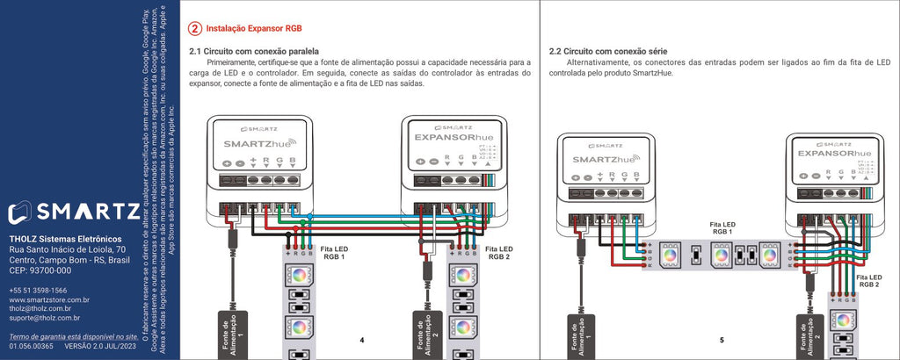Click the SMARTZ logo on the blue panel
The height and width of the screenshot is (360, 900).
pyautogui.click(x=73, y=212)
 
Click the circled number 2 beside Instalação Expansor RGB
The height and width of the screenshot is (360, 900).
pyautogui.click(x=195, y=29)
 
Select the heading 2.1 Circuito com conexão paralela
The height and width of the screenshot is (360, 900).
pyautogui.click(x=254, y=52)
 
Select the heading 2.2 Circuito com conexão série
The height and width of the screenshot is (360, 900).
pyautogui.click(x=602, y=52)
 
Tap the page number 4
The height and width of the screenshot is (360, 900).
pyautogui.click(x=361, y=339)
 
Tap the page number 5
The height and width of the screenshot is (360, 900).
pyautogui.click(x=721, y=339)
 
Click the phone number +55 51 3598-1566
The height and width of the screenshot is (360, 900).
pyautogui.click(x=38, y=290)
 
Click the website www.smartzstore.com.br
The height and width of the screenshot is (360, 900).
pyautogui.click(x=49, y=299)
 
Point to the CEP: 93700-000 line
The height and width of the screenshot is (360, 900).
pyautogui.click(x=40, y=270)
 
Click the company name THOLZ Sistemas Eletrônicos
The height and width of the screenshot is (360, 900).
pyautogui.click(x=65, y=239)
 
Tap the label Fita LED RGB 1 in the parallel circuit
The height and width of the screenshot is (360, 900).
pyautogui.click(x=333, y=253)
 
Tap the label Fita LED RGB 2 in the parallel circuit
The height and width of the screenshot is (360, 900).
pyautogui.click(x=497, y=253)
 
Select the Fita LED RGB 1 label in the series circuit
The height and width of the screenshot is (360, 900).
pyautogui.click(x=722, y=228)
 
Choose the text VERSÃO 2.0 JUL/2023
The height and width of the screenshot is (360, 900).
pyautogui.click(x=102, y=347)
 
